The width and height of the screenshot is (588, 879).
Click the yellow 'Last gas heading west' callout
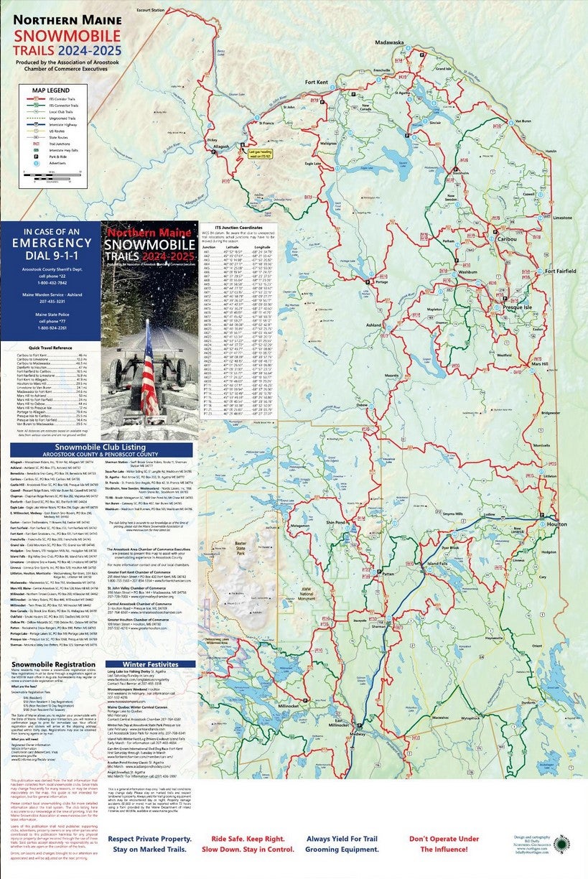coord(261,154)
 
